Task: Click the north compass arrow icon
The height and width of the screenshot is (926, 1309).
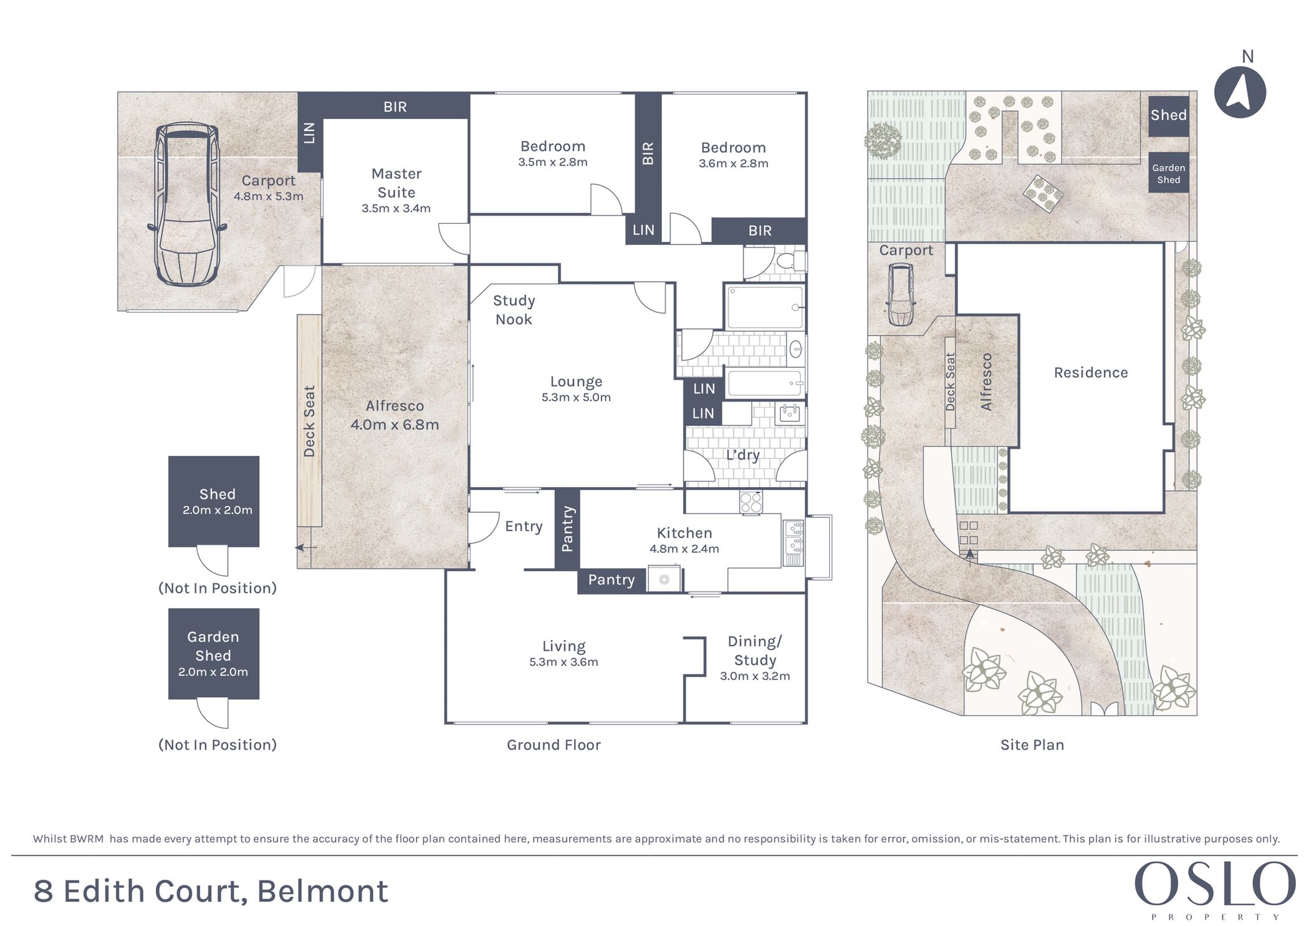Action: click(x=1240, y=92)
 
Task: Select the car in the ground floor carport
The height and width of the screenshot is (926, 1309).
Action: click(x=187, y=204)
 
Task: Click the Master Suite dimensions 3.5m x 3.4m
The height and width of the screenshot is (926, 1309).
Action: click(x=396, y=208)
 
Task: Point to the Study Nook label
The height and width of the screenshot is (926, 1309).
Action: click(x=514, y=310)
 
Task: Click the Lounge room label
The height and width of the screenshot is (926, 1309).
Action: click(x=576, y=382)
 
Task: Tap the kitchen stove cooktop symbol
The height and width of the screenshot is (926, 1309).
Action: click(x=750, y=502)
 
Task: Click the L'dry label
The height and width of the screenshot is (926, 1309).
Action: click(x=742, y=455)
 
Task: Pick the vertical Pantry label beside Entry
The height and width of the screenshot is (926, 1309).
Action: click(x=567, y=529)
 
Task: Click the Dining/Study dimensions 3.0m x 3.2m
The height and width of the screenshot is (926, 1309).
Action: click(x=755, y=676)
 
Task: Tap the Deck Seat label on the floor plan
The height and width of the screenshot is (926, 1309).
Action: click(x=309, y=421)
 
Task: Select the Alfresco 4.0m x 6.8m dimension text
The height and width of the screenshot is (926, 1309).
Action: click(x=395, y=425)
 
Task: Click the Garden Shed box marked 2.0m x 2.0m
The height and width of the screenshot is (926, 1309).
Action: click(x=213, y=654)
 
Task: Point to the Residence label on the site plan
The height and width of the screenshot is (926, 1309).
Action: click(x=1090, y=373)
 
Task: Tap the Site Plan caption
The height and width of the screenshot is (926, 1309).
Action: click(x=1032, y=745)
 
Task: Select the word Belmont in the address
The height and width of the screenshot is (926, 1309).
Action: click(x=322, y=891)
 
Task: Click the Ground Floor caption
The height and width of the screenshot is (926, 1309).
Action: click(x=554, y=745)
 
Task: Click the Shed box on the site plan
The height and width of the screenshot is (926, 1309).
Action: click(x=1168, y=115)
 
